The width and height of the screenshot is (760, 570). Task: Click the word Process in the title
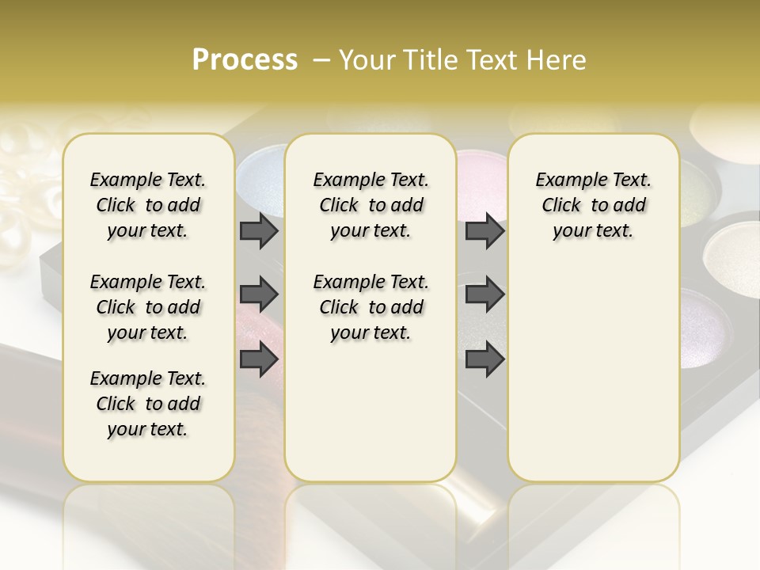tap(245, 60)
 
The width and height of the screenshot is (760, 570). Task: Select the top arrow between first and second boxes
tap(259, 231)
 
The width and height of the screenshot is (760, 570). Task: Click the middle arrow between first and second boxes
tap(259, 294)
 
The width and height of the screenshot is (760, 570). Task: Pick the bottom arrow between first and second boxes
tap(259, 359)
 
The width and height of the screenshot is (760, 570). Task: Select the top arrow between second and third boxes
tap(484, 231)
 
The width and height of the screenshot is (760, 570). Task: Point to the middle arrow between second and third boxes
tap(484, 294)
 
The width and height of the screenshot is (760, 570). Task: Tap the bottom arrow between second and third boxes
tap(484, 359)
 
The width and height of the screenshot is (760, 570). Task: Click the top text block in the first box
tap(148, 205)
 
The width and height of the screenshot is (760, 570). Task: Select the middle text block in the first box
tap(148, 307)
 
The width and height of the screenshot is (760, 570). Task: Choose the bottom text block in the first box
tap(148, 404)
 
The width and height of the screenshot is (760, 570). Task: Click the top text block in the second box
tap(370, 205)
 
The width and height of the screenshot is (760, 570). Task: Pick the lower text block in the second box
tap(370, 307)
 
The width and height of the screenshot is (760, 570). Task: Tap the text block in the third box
tap(593, 205)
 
